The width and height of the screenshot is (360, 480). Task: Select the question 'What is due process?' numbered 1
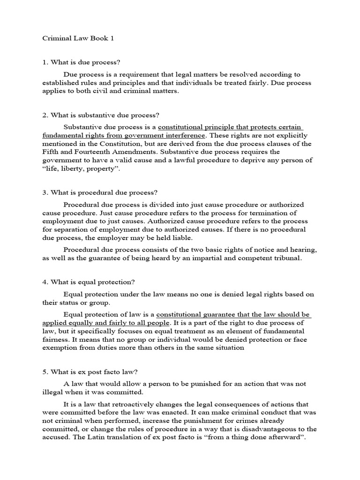coord(83,62)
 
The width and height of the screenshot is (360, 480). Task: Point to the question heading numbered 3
coord(97,192)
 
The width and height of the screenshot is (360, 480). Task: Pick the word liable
coord(182,238)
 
